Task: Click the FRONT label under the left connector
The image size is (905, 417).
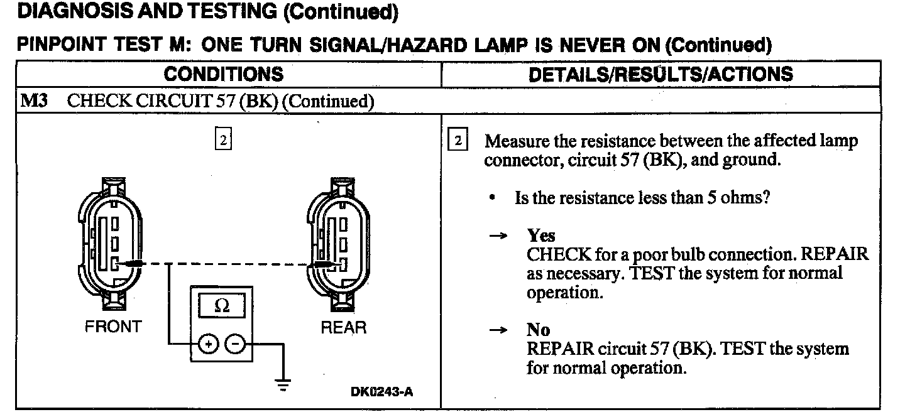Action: (x=114, y=327)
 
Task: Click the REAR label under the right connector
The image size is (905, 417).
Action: (x=343, y=327)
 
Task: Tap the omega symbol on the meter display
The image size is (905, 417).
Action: (x=222, y=306)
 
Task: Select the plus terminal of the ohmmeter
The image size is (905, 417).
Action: (x=208, y=344)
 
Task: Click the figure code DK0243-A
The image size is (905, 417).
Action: (x=382, y=393)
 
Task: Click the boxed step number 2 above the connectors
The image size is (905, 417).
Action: (x=222, y=138)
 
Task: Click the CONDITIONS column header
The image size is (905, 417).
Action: (x=223, y=74)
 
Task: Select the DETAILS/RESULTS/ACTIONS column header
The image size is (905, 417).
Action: (x=661, y=74)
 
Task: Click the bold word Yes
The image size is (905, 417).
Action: (x=541, y=236)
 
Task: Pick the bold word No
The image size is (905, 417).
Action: (x=538, y=330)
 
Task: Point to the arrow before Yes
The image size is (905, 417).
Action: (x=498, y=236)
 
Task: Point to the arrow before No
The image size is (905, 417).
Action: (x=498, y=330)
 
